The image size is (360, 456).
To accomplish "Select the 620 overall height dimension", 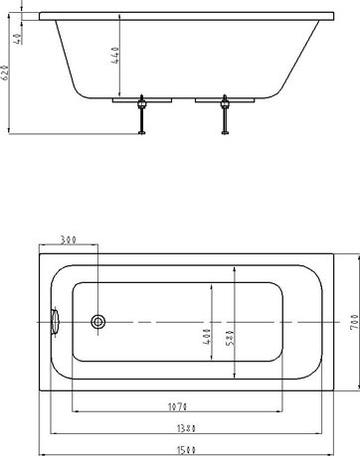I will pyautogui.click(x=7, y=73).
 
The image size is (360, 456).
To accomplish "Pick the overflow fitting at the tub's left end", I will pyautogui.click(x=56, y=320).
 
